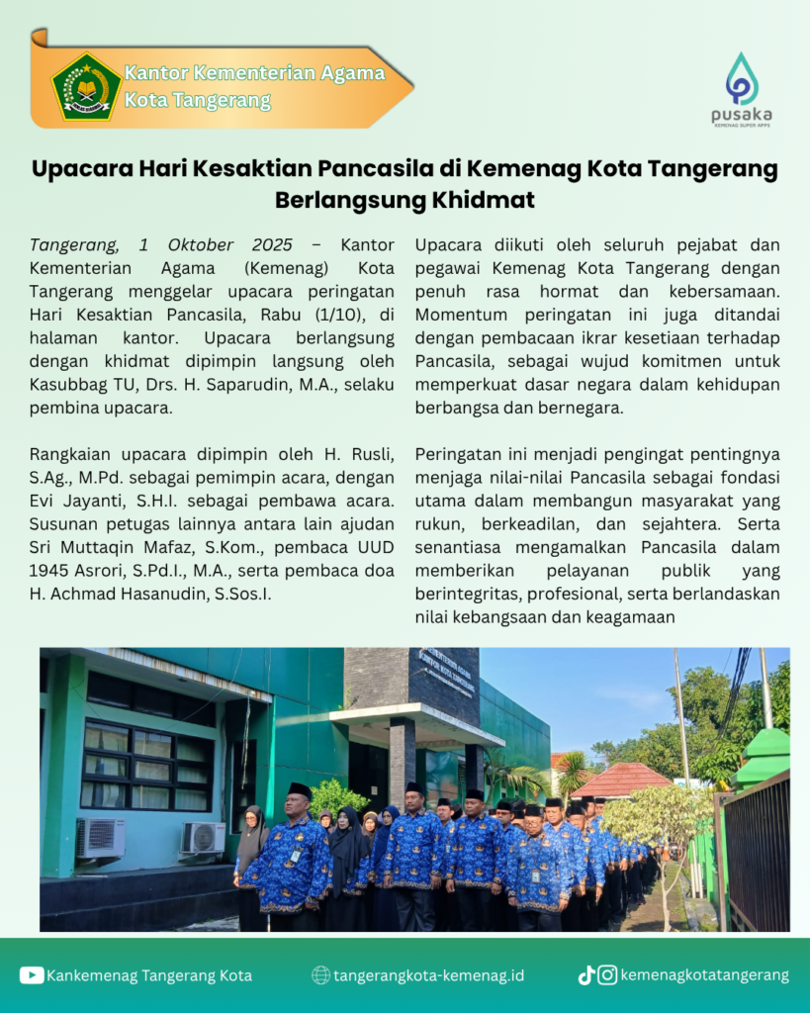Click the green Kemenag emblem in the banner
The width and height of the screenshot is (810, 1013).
(x=86, y=87)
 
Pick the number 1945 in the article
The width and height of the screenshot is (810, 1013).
(x=50, y=571)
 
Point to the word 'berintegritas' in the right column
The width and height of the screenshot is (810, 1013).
(x=466, y=594)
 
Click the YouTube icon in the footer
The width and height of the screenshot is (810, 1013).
(x=31, y=975)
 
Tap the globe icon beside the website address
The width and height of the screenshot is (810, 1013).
(x=320, y=975)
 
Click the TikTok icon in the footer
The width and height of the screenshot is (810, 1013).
(x=586, y=975)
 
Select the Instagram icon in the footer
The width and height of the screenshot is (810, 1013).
(x=608, y=975)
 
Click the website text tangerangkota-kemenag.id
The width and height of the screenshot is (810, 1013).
(x=429, y=975)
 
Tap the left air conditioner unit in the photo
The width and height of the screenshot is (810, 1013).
(x=101, y=837)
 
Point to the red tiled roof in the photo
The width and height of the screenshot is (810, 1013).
(x=621, y=779)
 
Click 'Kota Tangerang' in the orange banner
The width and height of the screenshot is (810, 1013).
(x=198, y=101)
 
